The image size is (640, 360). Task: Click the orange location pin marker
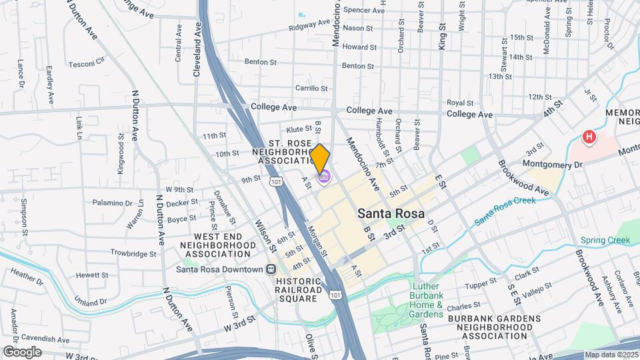coord(321,158)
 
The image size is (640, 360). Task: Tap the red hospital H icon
coord(589,138)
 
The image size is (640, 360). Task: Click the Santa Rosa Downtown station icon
coord(271,269)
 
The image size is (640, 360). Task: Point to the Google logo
coord(22,351)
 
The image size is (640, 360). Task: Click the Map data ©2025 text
coord(611,355)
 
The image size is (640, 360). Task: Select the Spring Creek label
coord(600,240)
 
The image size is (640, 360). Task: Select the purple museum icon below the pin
coord(325,177)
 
